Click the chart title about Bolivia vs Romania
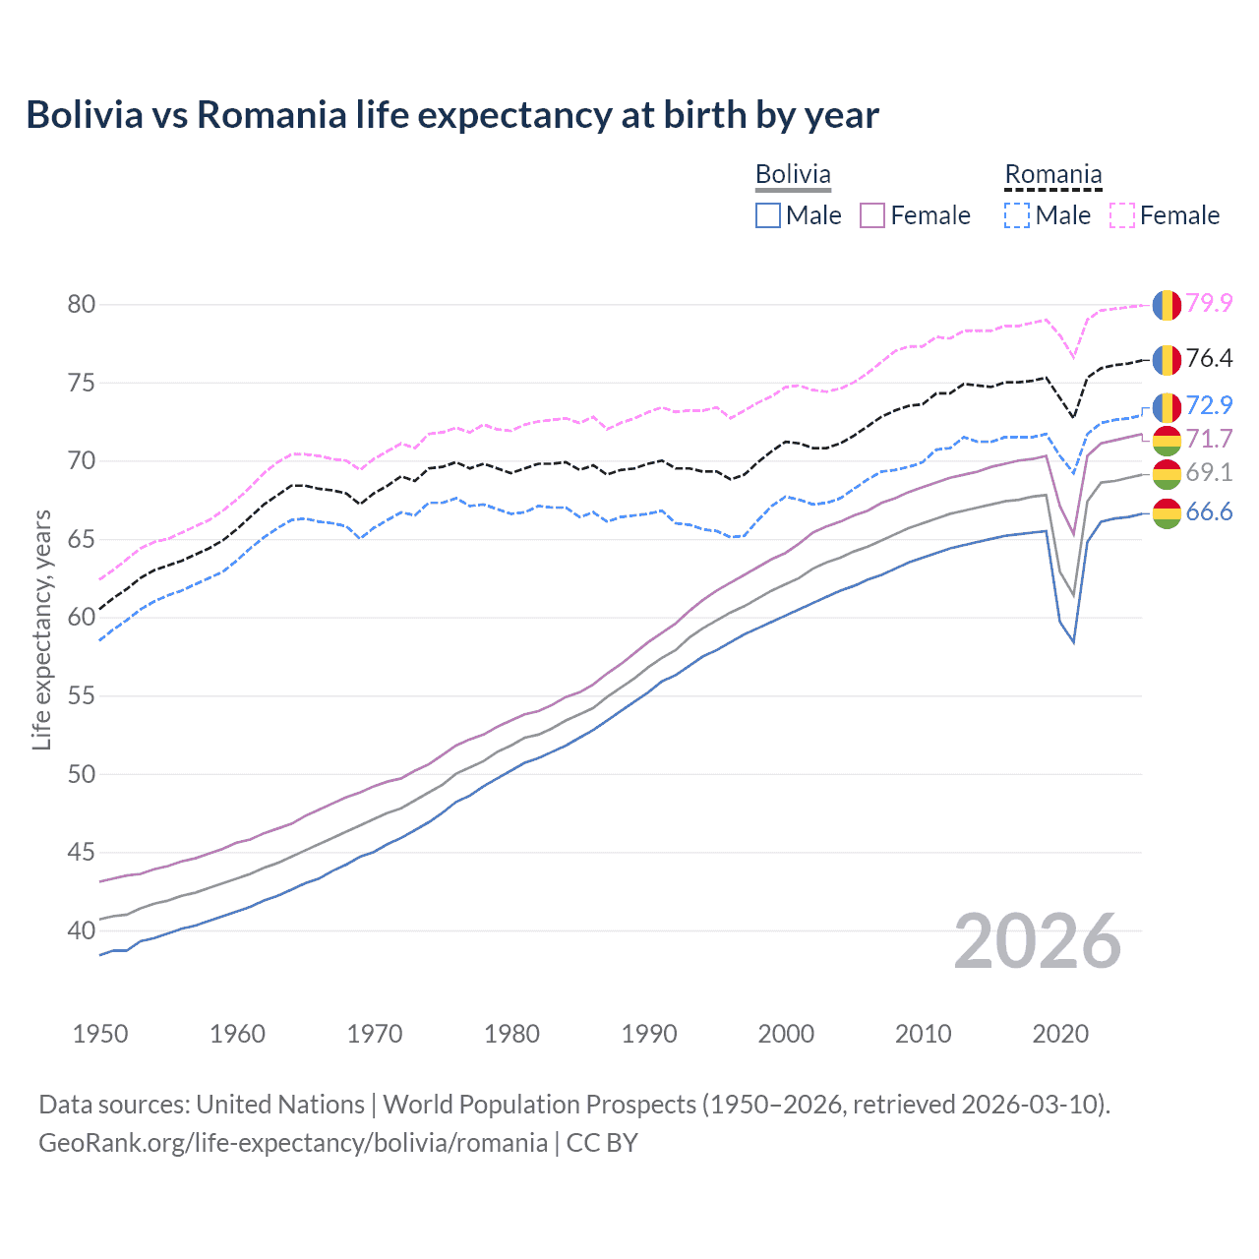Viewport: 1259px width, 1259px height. tap(452, 115)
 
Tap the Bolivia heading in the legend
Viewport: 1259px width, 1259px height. tap(793, 174)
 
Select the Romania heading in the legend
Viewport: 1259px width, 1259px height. tap(1052, 174)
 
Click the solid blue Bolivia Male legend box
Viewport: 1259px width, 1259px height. tap(768, 215)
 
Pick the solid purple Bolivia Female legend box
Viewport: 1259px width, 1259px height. tap(872, 215)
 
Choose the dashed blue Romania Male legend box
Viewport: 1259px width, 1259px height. tap(1017, 215)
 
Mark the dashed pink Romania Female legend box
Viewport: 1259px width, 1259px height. tap(1122, 215)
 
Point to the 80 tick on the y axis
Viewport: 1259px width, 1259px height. tap(82, 304)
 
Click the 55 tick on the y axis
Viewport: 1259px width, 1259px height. tap(82, 695)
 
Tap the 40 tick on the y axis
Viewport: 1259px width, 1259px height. tap(82, 930)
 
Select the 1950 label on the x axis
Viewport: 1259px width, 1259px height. tap(100, 1034)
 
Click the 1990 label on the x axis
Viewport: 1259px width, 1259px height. tap(649, 1034)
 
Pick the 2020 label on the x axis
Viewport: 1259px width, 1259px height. tap(1060, 1034)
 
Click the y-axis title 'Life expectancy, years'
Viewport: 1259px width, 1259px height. tap(41, 629)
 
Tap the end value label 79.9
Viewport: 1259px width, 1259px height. tap(1209, 303)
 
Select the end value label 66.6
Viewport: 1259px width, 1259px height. tap(1209, 511)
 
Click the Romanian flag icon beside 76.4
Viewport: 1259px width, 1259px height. tap(1167, 360)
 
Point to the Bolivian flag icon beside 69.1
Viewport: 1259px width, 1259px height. tap(1167, 473)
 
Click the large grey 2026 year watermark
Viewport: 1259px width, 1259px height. tap(1038, 941)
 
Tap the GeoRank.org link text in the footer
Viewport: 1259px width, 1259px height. tap(293, 1143)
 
